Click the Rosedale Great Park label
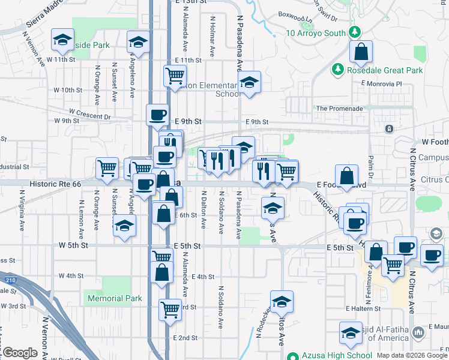384,70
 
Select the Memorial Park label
115,298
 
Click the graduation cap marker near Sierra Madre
62,40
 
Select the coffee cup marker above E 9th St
158,113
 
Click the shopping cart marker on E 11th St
175,76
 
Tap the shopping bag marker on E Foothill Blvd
346,176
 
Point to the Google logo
20,353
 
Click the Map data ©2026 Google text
412,355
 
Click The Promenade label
340,109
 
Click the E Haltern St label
363,308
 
